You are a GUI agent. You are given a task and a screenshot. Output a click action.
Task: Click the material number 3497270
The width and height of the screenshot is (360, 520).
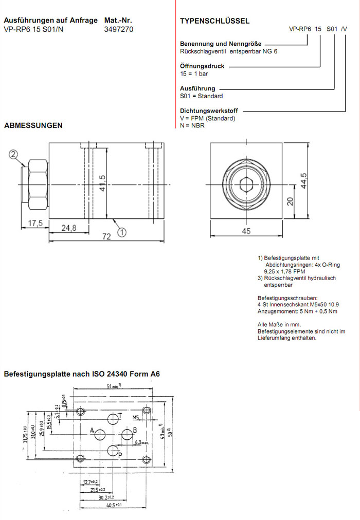(x=119, y=29)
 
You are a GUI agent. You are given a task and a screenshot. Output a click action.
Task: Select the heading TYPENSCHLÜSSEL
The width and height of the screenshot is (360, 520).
(x=214, y=21)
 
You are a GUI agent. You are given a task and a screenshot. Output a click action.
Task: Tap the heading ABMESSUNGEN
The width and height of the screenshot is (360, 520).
(x=33, y=125)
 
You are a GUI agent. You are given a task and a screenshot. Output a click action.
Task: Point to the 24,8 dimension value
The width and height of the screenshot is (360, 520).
(x=68, y=228)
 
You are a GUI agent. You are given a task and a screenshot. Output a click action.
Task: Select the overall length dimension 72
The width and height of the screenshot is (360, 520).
(x=106, y=237)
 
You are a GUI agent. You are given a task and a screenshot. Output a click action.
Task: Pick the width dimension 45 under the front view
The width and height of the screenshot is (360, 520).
(x=246, y=231)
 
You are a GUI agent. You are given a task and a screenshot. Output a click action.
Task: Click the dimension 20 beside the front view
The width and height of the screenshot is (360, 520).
(x=291, y=202)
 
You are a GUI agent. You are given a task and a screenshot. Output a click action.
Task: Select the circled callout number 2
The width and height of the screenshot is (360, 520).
(x=14, y=153)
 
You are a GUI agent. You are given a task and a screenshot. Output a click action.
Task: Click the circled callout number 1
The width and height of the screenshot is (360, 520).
(x=122, y=232)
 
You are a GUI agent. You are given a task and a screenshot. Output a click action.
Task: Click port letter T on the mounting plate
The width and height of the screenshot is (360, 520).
(x=120, y=415)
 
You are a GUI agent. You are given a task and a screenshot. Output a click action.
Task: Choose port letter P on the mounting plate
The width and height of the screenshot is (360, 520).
(x=120, y=455)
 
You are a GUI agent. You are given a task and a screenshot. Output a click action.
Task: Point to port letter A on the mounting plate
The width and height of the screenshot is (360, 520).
(x=92, y=430)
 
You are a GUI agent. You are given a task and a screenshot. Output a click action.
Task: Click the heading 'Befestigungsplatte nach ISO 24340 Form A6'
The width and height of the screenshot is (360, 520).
(x=82, y=374)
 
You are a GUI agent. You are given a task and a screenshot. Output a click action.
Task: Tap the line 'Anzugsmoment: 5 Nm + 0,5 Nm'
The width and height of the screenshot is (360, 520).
(x=297, y=311)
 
